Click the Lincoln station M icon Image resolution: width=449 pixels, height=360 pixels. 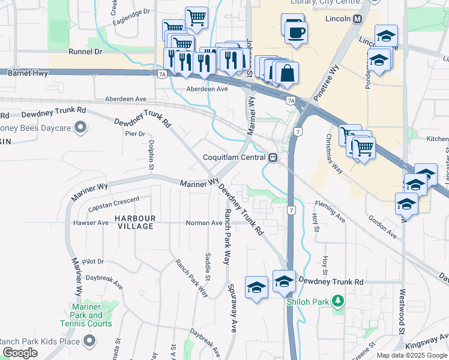[358, 19]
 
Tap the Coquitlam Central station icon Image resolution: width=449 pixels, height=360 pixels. [273, 157]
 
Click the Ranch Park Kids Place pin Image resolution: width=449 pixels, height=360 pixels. [90, 341]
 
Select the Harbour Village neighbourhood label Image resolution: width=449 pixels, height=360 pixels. [136, 222]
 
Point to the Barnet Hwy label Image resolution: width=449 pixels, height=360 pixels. [28, 73]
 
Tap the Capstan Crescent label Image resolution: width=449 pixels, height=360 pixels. [113, 203]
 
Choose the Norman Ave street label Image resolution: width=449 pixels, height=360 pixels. [204, 223]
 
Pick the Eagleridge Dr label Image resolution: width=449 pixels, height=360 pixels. [130, 17]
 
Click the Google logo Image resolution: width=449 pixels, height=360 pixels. [20, 353]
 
